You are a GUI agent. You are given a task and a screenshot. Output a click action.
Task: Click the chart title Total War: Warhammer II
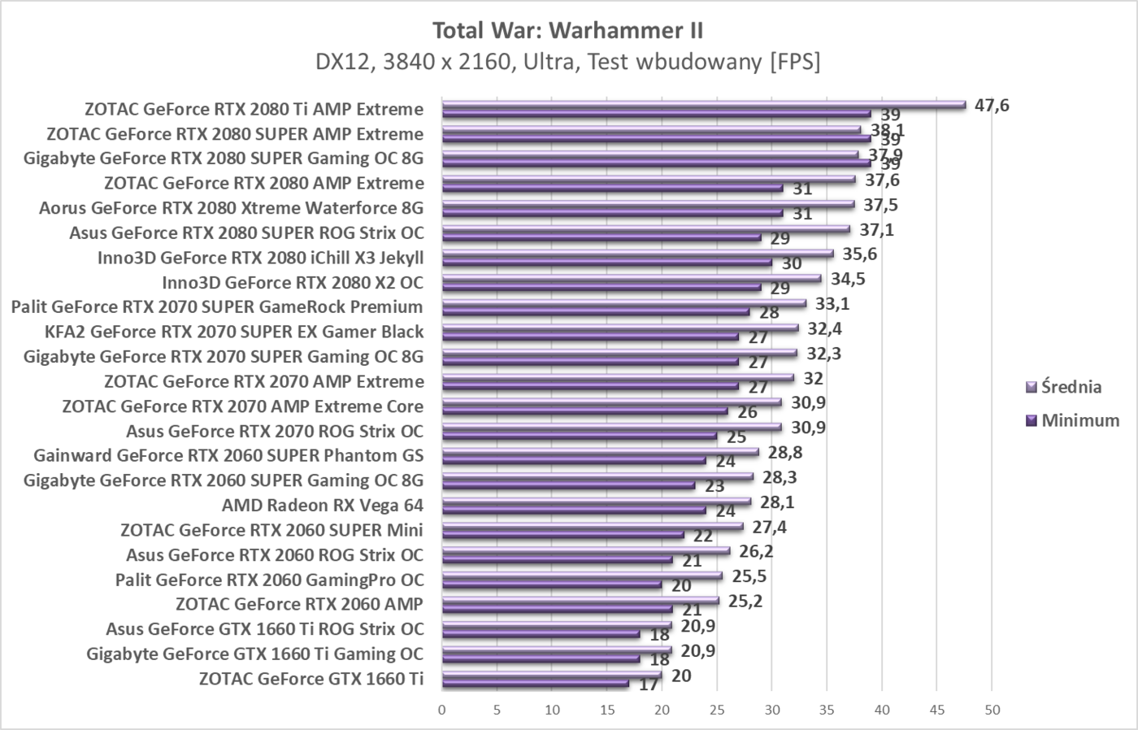[x=567, y=30]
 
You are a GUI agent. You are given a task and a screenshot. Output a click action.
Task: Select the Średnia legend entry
[x=1071, y=387]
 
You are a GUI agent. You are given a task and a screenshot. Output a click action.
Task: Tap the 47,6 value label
[x=991, y=105]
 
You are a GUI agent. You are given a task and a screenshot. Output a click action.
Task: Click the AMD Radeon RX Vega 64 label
[x=323, y=505]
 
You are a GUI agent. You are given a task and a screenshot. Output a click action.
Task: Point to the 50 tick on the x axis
[x=992, y=710]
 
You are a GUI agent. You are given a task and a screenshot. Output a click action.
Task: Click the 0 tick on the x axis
[x=442, y=710]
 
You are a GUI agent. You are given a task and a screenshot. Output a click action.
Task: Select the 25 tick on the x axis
[x=717, y=710]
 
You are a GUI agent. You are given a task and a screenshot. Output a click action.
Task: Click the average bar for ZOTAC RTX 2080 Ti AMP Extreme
[x=703, y=104]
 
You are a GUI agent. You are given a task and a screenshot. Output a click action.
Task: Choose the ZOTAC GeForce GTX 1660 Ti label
[x=311, y=679]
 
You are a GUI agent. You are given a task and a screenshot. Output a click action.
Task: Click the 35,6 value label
[x=859, y=254]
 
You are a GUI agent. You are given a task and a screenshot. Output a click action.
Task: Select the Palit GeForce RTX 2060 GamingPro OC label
[x=269, y=580]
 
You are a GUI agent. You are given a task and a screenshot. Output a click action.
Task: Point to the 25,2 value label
[x=745, y=601]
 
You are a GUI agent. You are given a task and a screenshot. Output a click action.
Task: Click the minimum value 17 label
[x=648, y=684]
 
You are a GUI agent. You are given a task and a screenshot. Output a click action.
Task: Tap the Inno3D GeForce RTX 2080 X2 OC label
[x=293, y=282]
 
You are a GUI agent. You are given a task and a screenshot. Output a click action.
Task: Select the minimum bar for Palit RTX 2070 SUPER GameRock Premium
[x=595, y=311]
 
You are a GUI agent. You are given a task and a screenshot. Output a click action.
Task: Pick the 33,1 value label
[x=832, y=304]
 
